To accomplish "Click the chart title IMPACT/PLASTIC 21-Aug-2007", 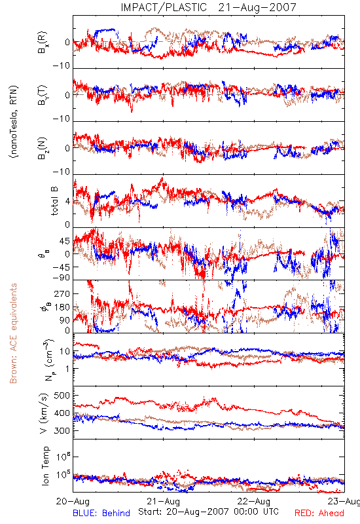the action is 208,7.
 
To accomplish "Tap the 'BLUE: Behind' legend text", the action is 101,513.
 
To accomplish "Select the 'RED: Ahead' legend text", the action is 319,513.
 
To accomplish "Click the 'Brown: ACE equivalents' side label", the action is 13,333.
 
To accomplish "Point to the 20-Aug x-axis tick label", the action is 73,501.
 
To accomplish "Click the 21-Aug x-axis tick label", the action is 163,501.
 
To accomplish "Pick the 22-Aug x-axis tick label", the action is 254,501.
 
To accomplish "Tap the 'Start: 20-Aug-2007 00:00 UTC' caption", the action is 208,512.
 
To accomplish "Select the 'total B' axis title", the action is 54,201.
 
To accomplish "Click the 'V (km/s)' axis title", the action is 44,413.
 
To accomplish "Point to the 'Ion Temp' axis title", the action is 45,466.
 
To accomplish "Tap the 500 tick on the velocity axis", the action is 62,396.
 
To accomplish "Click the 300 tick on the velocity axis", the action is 62,430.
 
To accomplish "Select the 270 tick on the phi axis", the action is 62,293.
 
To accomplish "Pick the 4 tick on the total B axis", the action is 67,202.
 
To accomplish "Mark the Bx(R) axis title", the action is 43,43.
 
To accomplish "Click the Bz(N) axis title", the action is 43,148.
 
